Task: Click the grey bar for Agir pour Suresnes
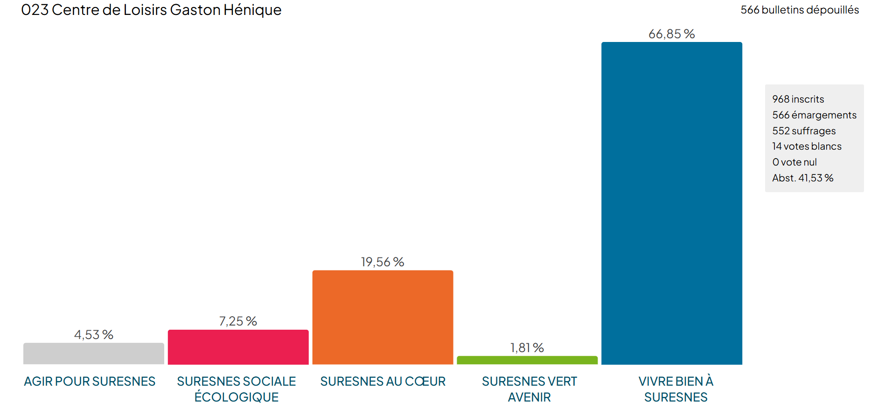93,354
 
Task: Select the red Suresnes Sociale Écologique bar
238,347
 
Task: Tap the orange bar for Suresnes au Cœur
383,317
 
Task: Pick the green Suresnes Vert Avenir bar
527,360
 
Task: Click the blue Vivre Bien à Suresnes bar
671,203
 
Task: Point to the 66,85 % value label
671,34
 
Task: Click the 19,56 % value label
383,262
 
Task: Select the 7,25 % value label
238,321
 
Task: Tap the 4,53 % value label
93,335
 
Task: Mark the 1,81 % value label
527,348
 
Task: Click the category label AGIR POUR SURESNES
90,381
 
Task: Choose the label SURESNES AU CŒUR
383,381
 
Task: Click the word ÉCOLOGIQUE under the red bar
237,397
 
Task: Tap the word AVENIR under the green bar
529,397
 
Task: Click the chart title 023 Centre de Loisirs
151,10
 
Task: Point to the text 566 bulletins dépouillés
799,10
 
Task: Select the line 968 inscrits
798,99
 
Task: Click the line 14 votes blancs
807,146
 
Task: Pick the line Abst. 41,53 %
802,178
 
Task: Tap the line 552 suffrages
804,131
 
